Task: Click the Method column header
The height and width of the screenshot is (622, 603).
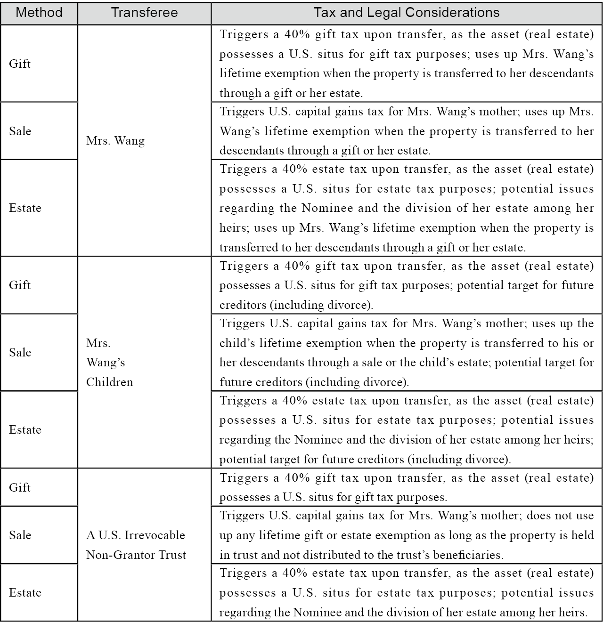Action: (x=39, y=13)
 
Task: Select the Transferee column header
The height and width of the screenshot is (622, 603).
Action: (x=144, y=13)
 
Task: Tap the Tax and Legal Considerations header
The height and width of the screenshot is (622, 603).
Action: (x=407, y=13)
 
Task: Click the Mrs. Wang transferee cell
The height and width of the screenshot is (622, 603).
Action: (x=115, y=141)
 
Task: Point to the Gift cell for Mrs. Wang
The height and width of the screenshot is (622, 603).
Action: (x=20, y=64)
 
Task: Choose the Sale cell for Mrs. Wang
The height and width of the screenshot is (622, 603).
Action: (x=20, y=131)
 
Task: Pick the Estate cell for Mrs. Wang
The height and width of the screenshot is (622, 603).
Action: (x=25, y=208)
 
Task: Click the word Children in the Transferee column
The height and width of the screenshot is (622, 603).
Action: (x=110, y=382)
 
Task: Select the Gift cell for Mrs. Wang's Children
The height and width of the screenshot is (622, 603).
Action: (x=20, y=285)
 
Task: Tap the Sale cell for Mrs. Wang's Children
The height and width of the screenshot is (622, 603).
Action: (x=20, y=352)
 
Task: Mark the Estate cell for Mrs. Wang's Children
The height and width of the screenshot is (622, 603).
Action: (x=25, y=429)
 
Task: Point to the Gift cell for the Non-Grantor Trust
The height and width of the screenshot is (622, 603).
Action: (x=20, y=487)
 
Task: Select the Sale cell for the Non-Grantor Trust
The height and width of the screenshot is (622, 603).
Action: (x=20, y=535)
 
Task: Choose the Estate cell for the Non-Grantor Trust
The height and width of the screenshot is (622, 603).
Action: (x=25, y=592)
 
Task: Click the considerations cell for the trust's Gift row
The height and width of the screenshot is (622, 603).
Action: (x=407, y=487)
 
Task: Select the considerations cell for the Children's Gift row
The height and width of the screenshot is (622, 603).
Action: (x=407, y=285)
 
